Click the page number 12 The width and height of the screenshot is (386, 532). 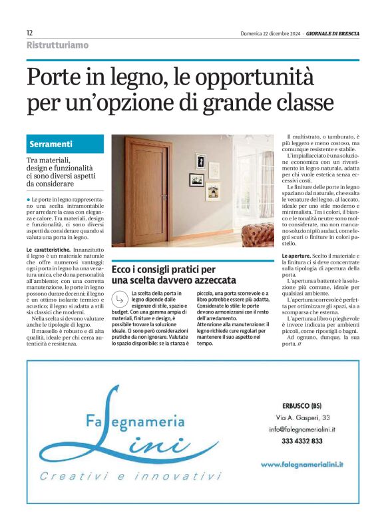(30, 33)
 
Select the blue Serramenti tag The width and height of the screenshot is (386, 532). (51, 144)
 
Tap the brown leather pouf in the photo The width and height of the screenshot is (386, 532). (258, 235)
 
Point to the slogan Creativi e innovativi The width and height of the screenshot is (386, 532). (130, 477)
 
